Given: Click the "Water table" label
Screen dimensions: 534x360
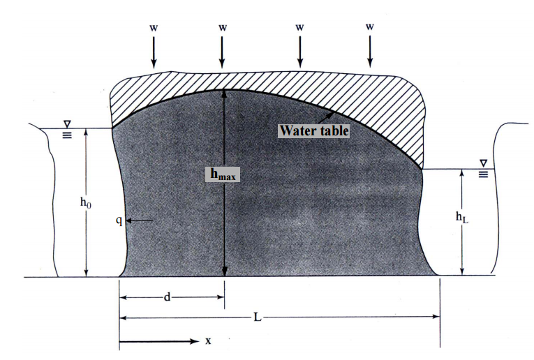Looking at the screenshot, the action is [313, 130].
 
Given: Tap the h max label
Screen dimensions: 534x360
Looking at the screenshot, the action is [223, 175].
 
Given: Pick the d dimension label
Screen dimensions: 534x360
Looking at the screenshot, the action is [168, 297].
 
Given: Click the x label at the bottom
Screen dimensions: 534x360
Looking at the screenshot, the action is [208, 341].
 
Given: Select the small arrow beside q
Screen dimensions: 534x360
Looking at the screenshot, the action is [139, 220].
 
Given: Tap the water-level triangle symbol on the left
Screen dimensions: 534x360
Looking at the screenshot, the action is [67, 123].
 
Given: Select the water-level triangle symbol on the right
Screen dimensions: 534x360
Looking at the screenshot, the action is [483, 163].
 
